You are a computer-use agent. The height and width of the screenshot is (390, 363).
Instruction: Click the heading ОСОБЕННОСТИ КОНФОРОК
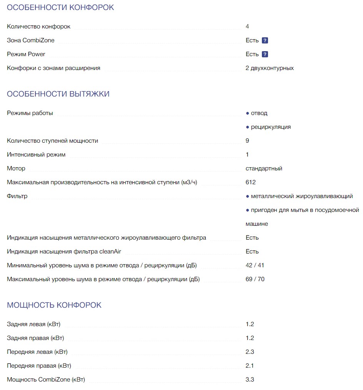[60, 7]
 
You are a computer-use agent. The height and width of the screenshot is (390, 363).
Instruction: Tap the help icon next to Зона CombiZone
[265, 40]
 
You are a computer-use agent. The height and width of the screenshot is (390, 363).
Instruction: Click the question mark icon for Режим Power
[265, 54]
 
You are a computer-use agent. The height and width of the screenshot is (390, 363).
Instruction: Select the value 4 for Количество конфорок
[247, 27]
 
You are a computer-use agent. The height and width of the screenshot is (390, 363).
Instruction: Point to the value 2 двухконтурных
[270, 68]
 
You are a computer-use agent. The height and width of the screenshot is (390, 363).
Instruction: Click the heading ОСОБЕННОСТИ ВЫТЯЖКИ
[58, 94]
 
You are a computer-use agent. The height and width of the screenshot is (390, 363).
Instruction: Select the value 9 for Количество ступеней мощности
[247, 141]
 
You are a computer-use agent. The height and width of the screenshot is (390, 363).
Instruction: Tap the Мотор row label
[16, 168]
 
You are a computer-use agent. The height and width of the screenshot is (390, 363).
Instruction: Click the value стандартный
[264, 168]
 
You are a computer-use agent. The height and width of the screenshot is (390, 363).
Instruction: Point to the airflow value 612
[251, 182]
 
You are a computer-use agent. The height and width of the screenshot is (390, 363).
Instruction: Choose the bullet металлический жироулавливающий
[301, 196]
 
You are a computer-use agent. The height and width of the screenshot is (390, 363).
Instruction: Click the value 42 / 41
[255, 265]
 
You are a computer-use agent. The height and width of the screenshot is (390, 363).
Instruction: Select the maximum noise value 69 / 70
[255, 279]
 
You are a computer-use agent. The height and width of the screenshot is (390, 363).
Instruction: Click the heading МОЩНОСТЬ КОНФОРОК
[54, 305]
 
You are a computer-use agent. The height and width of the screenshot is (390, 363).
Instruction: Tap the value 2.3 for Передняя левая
[250, 352]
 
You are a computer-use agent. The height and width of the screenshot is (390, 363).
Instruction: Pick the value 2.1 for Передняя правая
[250, 366]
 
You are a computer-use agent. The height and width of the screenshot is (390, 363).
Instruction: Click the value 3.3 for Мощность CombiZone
[250, 380]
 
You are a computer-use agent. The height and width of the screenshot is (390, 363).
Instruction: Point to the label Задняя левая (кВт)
[33, 324]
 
